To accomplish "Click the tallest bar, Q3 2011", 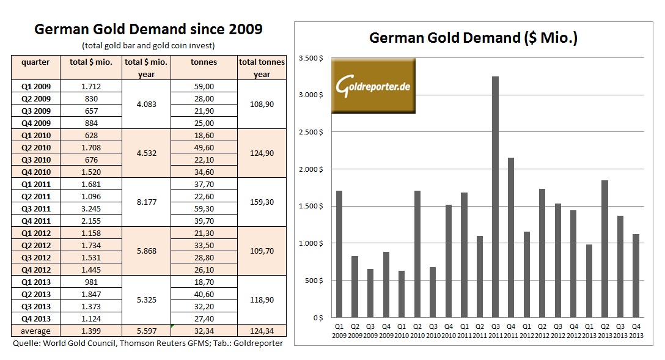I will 495,197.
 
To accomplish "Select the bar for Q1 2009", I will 339,254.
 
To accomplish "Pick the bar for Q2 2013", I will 604,249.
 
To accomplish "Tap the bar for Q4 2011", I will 511,238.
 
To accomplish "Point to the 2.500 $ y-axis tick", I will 310,132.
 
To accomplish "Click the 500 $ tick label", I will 314,281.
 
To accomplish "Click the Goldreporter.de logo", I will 373,86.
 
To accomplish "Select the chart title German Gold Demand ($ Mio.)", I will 474,38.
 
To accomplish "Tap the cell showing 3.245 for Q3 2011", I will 91,208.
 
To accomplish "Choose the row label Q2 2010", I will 35,147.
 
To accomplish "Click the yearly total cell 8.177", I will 147,202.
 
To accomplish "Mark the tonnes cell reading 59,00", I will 203,86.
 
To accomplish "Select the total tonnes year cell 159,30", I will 262,202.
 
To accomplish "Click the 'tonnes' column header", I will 204,62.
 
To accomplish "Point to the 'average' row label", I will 35,331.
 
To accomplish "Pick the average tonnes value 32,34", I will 203,331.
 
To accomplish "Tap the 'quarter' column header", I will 35,62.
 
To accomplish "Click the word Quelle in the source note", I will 26,343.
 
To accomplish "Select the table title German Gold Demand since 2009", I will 148,29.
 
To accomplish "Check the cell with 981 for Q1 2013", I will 91,282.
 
